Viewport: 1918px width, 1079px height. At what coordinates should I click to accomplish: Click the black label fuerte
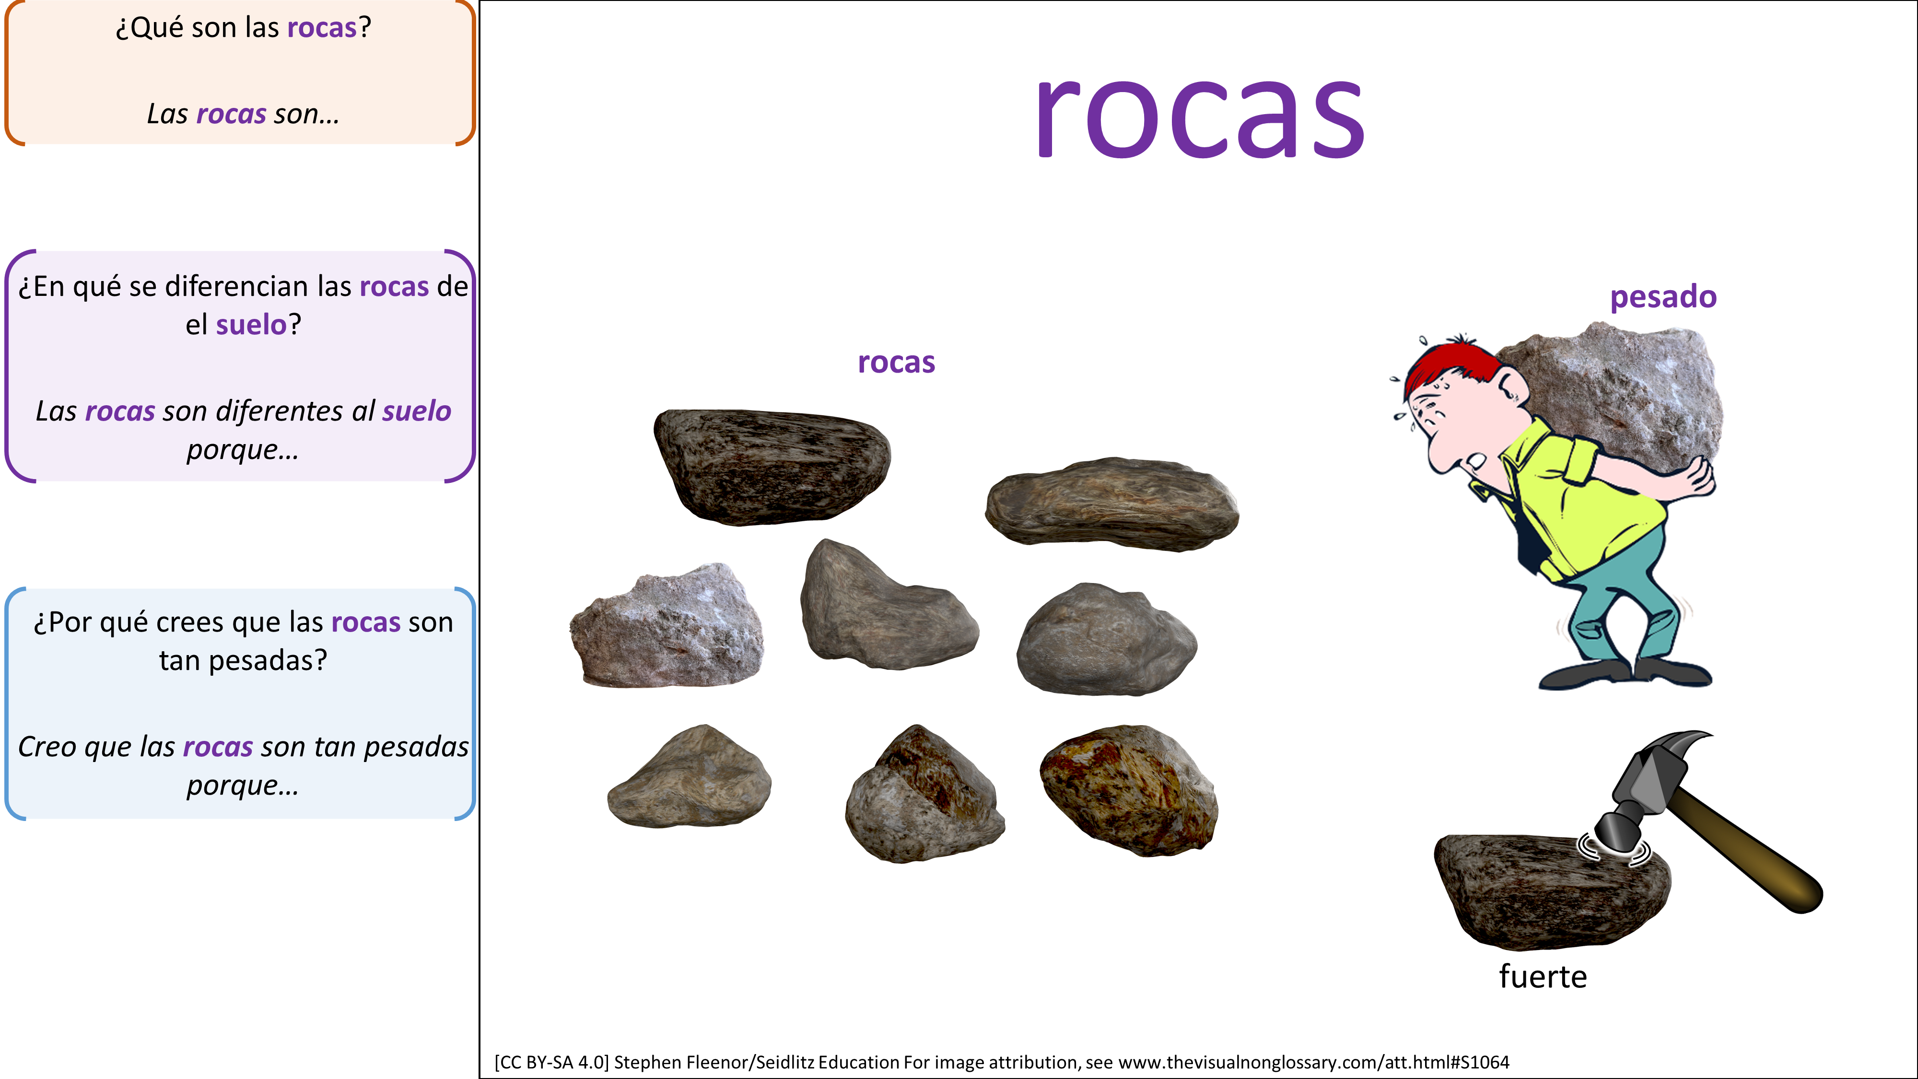tap(1543, 976)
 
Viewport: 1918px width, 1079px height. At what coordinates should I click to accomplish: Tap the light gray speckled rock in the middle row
tap(667, 625)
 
